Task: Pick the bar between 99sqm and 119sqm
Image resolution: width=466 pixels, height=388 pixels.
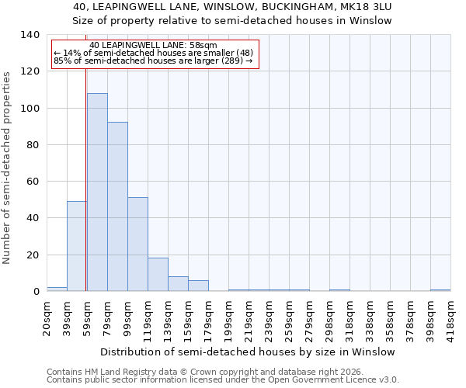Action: pos(137,244)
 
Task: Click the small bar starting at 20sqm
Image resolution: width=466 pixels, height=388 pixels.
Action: pos(57,289)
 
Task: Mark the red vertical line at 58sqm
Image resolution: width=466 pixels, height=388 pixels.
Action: pos(86,178)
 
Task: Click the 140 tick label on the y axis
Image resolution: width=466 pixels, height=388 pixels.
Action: pos(31,35)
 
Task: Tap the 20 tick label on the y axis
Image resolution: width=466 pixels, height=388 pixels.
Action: pos(34,255)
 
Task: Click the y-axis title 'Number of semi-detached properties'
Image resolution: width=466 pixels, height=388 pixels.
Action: pos(8,167)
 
